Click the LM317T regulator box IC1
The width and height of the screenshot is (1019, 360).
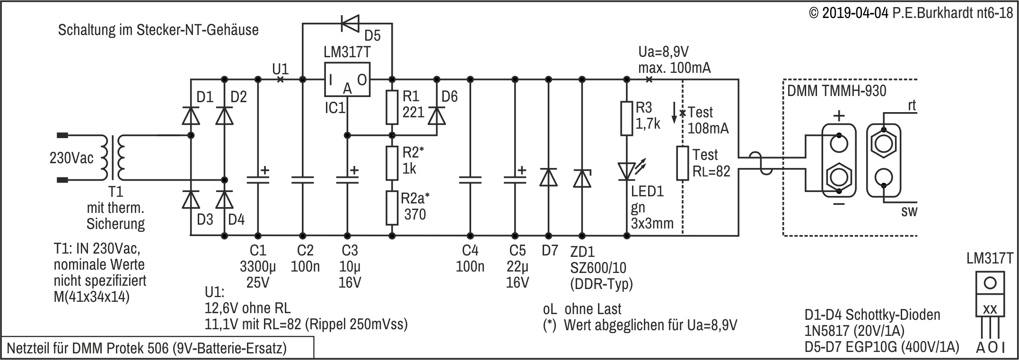click(347, 79)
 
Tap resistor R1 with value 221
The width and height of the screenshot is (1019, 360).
click(392, 106)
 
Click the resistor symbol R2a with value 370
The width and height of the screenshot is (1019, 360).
click(392, 208)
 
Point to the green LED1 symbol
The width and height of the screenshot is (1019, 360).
click(627, 171)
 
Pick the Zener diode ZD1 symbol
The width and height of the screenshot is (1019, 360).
click(582, 178)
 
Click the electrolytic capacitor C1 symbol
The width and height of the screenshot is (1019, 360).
click(258, 179)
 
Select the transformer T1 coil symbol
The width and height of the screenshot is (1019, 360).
click(114, 158)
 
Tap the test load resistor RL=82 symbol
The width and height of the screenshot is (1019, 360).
click(682, 163)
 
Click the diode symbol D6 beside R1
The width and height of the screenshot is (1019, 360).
click(437, 115)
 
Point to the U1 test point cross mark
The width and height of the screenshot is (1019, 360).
click(280, 79)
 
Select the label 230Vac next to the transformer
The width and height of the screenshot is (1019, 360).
click(72, 158)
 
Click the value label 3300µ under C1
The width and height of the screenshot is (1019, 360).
click(258, 267)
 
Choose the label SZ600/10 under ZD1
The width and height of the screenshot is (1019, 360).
click(598, 268)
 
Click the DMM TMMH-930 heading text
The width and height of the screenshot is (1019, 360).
click(836, 90)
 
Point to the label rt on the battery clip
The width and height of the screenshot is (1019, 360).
click(912, 106)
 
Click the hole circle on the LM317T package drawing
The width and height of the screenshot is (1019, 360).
click(990, 283)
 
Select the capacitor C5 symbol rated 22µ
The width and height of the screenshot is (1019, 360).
click(515, 179)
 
